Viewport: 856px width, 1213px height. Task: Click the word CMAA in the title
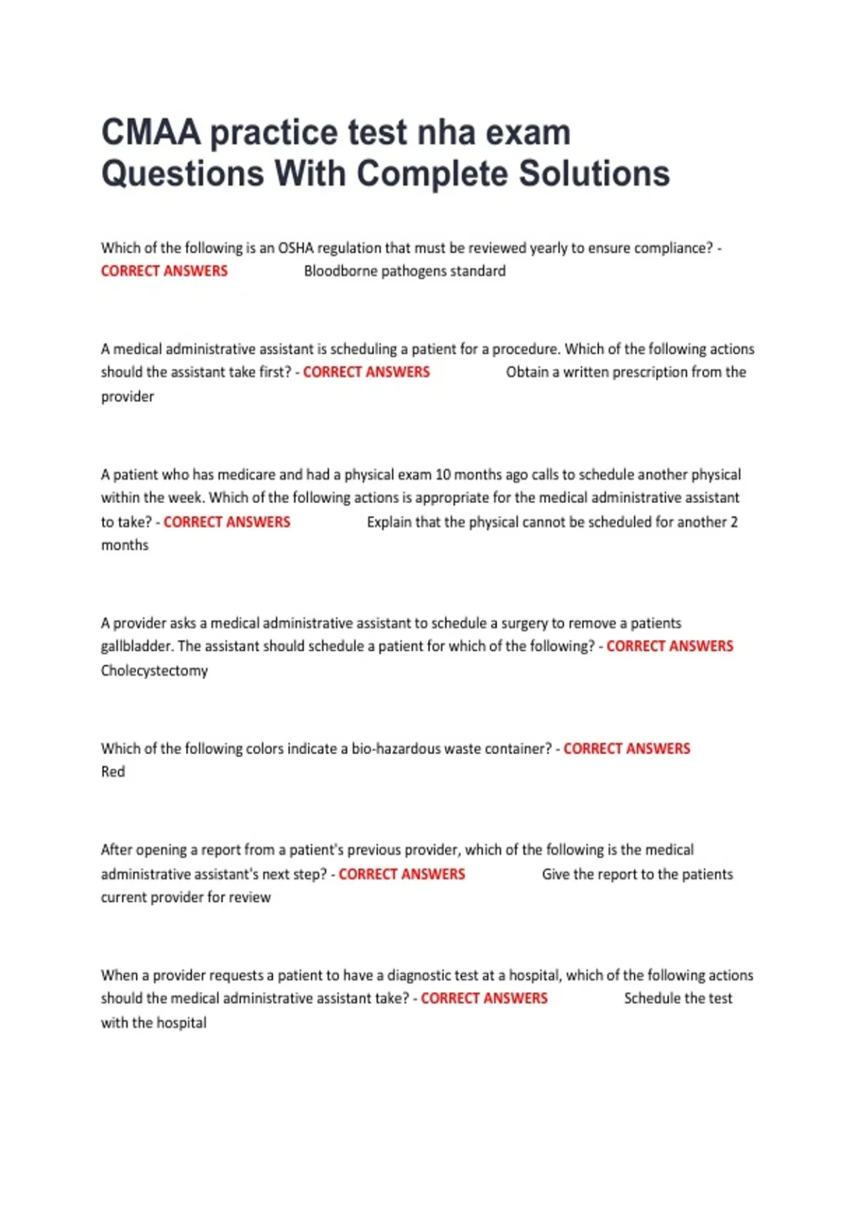[151, 133]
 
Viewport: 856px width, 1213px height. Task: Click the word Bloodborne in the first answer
[340, 271]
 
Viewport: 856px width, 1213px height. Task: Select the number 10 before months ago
[443, 475]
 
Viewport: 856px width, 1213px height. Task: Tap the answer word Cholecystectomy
[154, 671]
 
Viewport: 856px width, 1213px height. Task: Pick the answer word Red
[113, 772]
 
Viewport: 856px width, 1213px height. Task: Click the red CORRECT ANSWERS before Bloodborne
[164, 271]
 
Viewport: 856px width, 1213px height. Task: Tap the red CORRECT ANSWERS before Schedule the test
[484, 998]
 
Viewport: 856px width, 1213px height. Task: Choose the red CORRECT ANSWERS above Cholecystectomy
[670, 646]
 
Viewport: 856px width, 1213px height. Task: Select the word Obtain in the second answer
[527, 372]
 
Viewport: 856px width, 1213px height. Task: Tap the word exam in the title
[529, 133]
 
